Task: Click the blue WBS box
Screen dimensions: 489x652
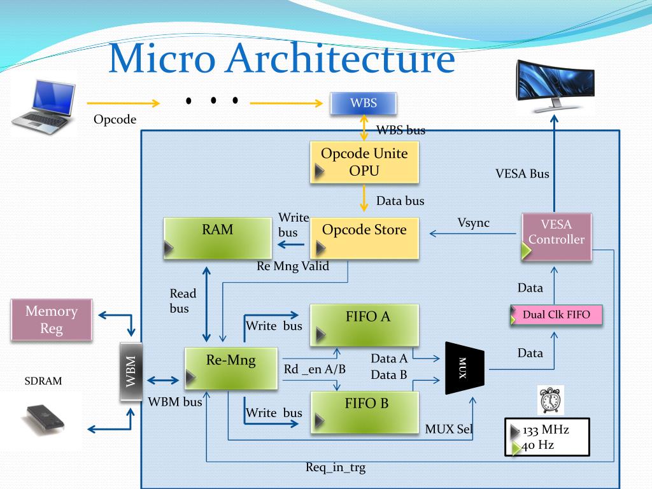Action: [364, 103]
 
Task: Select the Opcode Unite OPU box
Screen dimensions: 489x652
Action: [364, 162]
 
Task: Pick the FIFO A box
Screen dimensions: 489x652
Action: [364, 325]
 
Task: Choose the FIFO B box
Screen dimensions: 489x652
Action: [364, 413]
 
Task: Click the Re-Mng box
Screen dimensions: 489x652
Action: [230, 368]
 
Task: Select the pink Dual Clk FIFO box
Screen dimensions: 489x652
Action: [556, 315]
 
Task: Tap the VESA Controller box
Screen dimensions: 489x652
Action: [556, 237]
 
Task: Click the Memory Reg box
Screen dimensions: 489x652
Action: [52, 320]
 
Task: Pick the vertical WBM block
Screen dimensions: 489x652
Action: [131, 371]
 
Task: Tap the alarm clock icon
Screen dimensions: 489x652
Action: [550, 400]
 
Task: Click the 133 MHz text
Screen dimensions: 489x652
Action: [546, 429]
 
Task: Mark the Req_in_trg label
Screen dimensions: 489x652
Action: [336, 468]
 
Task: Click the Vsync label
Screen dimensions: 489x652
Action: [474, 223]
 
